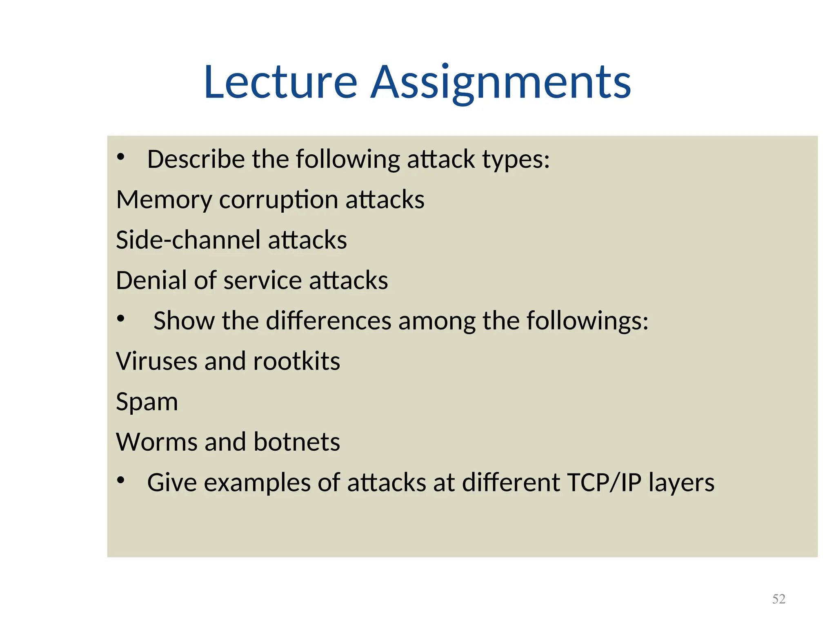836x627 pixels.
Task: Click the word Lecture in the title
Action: (x=281, y=82)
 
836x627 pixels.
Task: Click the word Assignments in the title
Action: (x=501, y=82)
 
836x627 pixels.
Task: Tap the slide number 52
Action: (x=778, y=599)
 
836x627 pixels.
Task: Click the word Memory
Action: (x=164, y=200)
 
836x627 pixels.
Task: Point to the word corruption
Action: (x=278, y=200)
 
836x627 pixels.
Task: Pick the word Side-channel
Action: (x=188, y=240)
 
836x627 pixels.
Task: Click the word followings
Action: (x=587, y=320)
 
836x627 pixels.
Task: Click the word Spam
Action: (x=147, y=402)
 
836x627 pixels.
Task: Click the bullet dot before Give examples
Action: (x=120, y=480)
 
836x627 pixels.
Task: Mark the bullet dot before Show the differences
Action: (x=120, y=318)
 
